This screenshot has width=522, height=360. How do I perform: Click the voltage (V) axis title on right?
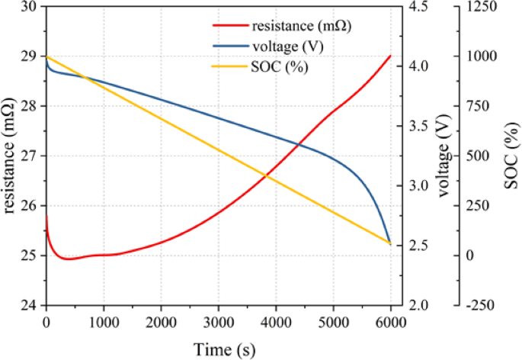click(441, 156)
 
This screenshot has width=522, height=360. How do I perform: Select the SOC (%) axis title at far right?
click(509, 156)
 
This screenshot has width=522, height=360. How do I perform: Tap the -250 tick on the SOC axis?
click(472, 305)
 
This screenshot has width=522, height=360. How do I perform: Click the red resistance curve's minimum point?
click(69, 259)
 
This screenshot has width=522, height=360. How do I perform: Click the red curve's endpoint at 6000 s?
click(390, 56)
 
